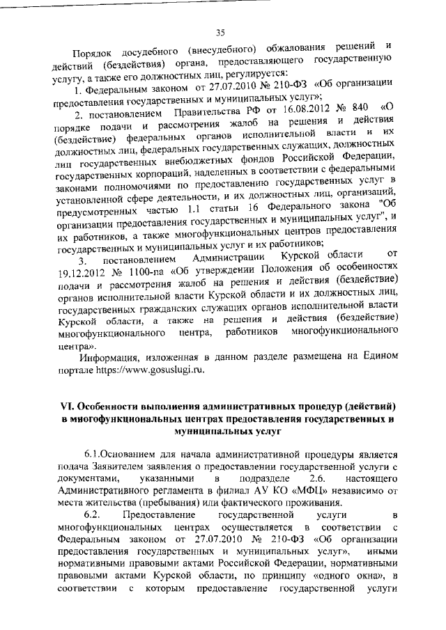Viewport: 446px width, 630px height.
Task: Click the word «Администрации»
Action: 217,261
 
